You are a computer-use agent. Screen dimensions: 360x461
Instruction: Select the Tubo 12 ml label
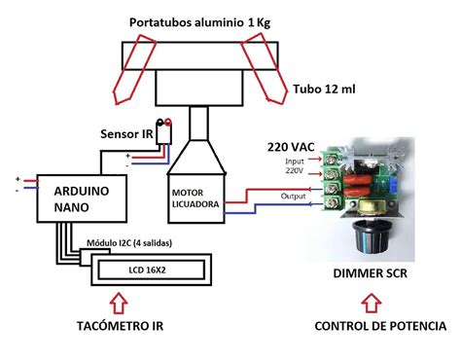point(325,88)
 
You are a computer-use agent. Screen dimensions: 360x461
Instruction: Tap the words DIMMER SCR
point(370,275)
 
